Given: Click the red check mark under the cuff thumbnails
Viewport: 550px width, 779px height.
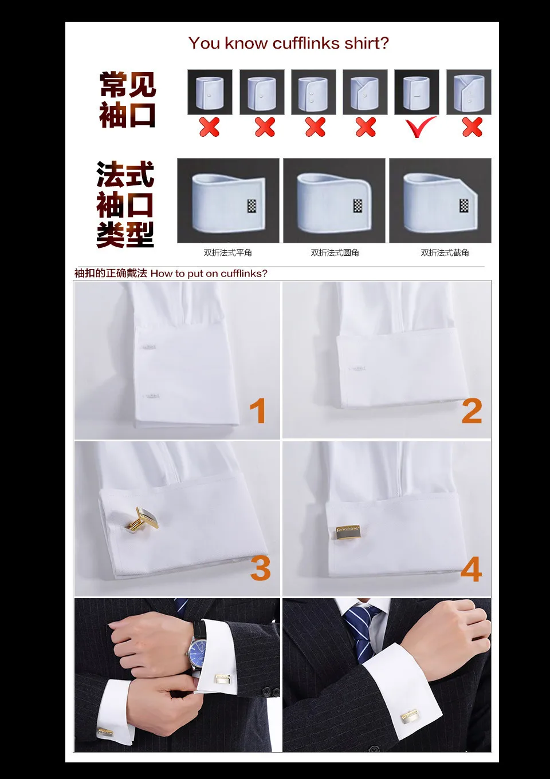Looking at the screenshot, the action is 420,126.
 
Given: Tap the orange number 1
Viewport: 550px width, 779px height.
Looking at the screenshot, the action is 258,411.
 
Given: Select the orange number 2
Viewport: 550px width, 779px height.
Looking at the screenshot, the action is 472,411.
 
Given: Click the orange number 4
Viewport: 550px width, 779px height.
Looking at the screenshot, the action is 471,569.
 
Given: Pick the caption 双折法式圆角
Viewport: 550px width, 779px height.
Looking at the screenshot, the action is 335,252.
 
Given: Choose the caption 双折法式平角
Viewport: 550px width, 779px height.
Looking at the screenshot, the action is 227,252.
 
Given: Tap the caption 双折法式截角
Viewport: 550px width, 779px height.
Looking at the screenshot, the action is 445,252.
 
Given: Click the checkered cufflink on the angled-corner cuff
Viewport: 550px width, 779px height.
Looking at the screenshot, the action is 463,206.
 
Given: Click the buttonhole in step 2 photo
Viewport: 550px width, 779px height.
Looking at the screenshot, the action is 357,368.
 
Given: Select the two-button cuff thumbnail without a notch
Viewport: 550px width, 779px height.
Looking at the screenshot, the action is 313,92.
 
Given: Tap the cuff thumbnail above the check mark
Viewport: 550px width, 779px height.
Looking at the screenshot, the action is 417,92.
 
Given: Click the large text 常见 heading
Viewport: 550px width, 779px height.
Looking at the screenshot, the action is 128,85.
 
